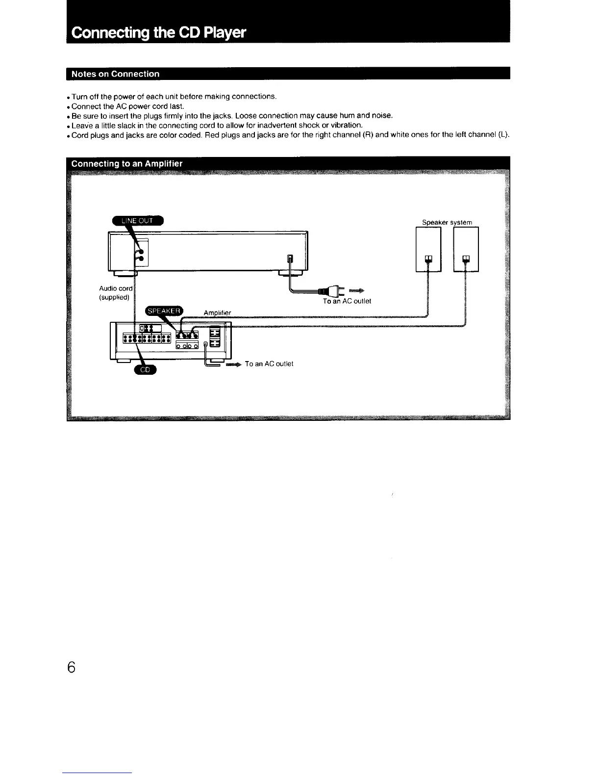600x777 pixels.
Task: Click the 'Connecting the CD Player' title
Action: tap(158, 33)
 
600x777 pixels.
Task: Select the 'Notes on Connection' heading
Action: tap(115, 74)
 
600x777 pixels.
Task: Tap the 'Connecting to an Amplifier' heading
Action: tap(127, 163)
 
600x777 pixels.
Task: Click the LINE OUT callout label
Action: tap(138, 221)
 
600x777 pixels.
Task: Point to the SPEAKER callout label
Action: tap(164, 311)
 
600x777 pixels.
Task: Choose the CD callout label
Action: tap(145, 370)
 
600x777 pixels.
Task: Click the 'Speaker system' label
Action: tap(447, 222)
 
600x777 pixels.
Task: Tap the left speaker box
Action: tap(428, 249)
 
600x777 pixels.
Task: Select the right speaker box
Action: tap(466, 249)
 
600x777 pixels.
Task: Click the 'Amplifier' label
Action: tap(217, 312)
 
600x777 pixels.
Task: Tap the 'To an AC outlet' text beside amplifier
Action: tap(269, 363)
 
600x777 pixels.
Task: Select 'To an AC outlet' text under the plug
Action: tap(347, 301)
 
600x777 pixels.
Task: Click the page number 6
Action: tap(72, 668)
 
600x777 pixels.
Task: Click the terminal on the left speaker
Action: tap(428, 259)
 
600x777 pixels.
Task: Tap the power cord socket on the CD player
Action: tap(290, 259)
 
